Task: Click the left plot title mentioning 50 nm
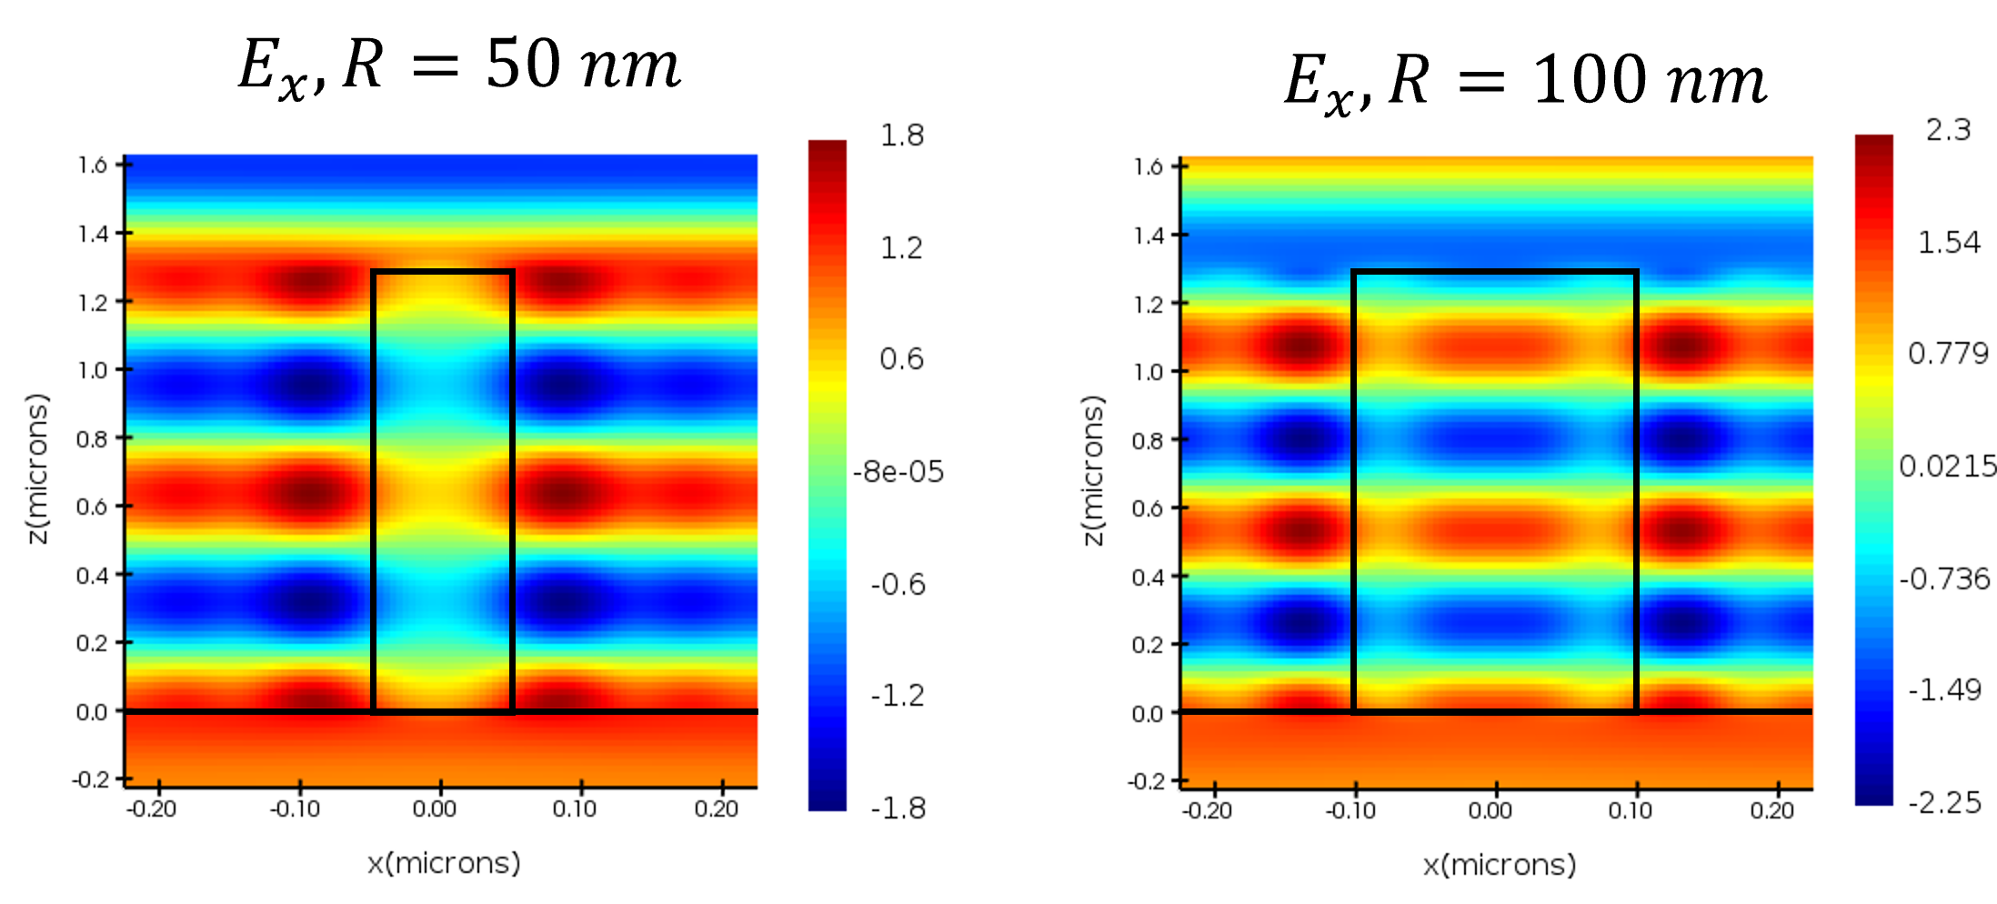coord(459,66)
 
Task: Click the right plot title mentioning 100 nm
coord(1525,80)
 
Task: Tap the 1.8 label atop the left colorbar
coord(901,136)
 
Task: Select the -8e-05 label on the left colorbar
coord(898,472)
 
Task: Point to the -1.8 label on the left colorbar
coord(898,808)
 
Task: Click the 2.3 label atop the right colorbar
coord(1948,130)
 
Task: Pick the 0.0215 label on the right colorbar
coord(1947,467)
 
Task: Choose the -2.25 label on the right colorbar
coord(1944,803)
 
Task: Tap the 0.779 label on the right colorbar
coord(1948,354)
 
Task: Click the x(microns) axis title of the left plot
coord(444,863)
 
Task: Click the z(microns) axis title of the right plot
coord(1094,470)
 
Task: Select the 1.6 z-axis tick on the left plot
coord(92,166)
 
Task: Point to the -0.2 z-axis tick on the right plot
coord(1144,781)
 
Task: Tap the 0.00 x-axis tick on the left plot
coord(435,809)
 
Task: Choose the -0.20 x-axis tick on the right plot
coord(1207,811)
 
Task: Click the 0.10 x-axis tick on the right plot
coord(1630,811)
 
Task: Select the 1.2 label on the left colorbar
coord(901,247)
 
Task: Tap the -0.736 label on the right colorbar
coord(1944,579)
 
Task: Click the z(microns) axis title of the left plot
coord(38,468)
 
